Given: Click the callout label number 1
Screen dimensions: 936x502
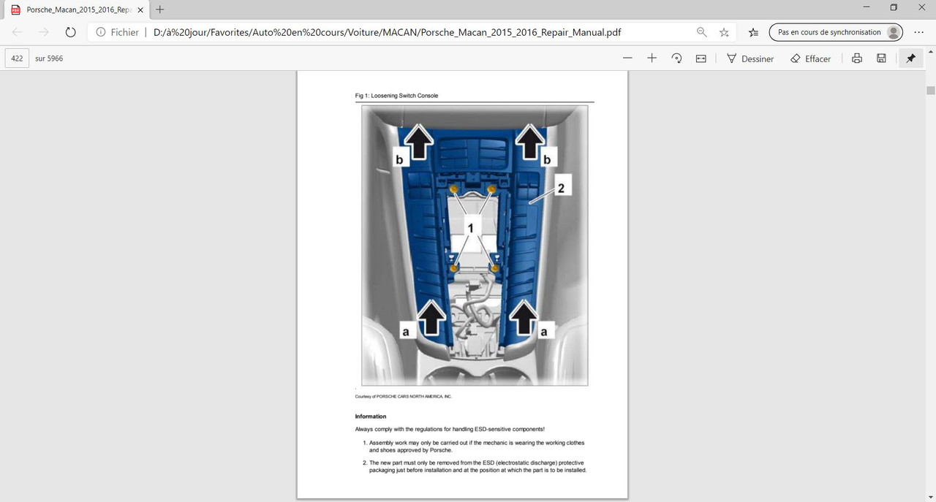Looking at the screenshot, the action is tap(470, 228).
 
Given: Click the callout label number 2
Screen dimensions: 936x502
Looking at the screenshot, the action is tap(561, 189).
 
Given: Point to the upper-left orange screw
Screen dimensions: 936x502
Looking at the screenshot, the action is tap(454, 189).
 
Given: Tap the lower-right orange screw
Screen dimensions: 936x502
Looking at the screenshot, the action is tap(495, 267).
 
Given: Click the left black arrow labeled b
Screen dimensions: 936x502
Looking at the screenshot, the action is tap(419, 141).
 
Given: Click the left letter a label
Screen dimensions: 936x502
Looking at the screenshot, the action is tap(406, 332).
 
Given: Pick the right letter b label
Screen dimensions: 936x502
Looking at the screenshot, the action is tap(547, 159).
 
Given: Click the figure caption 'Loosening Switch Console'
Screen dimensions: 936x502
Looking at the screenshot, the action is tap(404, 96).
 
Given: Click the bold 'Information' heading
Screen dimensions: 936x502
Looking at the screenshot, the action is tap(371, 417).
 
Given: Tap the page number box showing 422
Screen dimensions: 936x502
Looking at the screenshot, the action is tap(17, 58).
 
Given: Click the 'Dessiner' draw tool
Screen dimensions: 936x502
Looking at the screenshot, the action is tap(750, 58).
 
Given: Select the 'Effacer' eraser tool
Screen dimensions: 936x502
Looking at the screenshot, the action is tap(810, 58).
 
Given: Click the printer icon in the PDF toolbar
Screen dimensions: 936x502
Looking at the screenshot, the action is tap(856, 58).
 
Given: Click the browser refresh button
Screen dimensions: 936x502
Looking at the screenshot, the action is tap(71, 32).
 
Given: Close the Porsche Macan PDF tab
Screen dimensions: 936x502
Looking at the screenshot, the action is tap(140, 10).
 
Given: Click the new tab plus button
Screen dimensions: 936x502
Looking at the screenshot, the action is tap(159, 9).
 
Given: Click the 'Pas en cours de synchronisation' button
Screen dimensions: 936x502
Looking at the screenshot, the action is tap(836, 32).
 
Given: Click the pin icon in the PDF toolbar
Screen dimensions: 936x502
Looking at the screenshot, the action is tap(910, 58).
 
